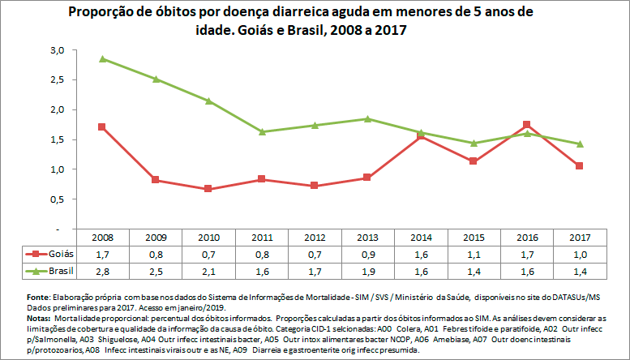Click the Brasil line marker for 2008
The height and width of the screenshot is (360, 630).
pyautogui.click(x=103, y=58)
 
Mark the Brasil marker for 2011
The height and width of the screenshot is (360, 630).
pyautogui.click(x=263, y=131)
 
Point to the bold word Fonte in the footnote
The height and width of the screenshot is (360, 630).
pyautogui.click(x=38, y=298)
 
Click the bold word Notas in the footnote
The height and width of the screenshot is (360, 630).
pyautogui.click(x=39, y=318)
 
